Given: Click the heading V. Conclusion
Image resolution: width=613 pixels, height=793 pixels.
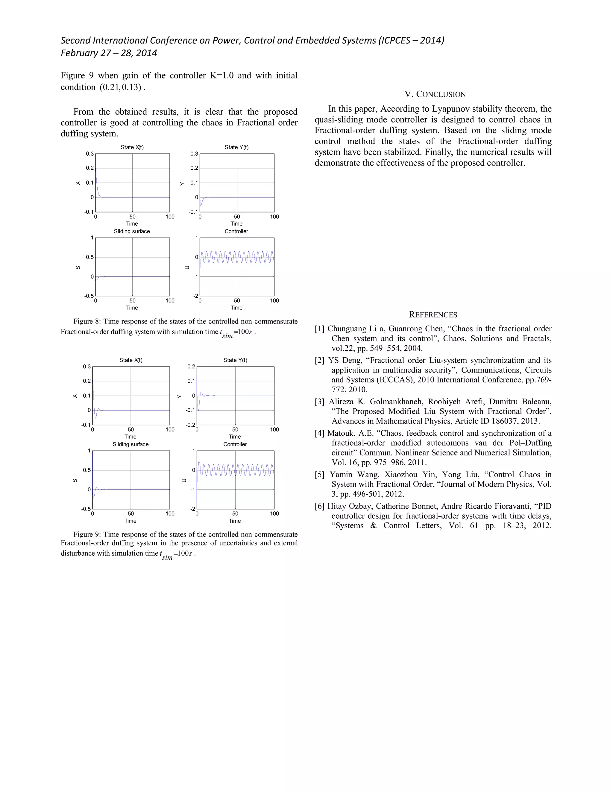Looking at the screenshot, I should pos(435,94).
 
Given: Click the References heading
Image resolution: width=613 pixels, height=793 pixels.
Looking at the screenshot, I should pos(433,315).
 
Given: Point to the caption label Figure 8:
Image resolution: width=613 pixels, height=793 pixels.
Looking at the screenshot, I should pos(87,321).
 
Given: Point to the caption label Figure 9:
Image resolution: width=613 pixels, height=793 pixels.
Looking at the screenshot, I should pos(87,534).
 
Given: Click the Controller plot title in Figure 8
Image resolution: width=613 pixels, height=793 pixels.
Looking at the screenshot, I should pos(236,231).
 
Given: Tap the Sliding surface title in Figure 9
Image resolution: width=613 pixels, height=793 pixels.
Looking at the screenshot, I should pos(131,444).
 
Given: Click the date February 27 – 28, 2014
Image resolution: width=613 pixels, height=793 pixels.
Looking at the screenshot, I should pos(109,53).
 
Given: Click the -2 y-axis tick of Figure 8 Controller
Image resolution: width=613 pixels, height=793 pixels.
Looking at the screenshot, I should pos(196,296).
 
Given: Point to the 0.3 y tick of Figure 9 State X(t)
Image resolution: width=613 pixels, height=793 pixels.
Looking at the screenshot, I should pos(87,367).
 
